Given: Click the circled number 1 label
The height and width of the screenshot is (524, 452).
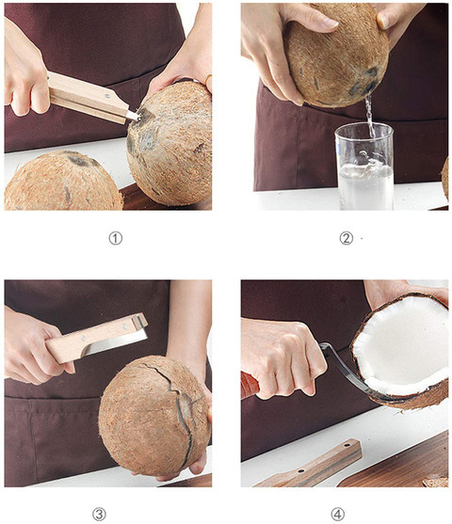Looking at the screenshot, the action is pos(116,238).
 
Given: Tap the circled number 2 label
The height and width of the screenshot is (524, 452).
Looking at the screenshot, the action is pos(346,238).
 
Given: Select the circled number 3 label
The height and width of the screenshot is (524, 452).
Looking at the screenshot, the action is pos(99,514).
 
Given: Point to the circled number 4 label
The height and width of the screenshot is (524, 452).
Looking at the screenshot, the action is pos(337,514).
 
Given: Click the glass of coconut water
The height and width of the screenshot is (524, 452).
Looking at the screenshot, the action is pos(364,167).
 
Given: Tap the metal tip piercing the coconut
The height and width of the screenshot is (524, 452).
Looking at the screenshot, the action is pos(133,116).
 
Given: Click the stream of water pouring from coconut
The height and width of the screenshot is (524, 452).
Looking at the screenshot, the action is pos(369,116).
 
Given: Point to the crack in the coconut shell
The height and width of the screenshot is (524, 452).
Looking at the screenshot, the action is pos(179,407).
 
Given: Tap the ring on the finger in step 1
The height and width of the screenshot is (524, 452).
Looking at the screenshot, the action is pos(208,80).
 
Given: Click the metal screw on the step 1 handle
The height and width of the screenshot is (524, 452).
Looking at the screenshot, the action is pos(107,96).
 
